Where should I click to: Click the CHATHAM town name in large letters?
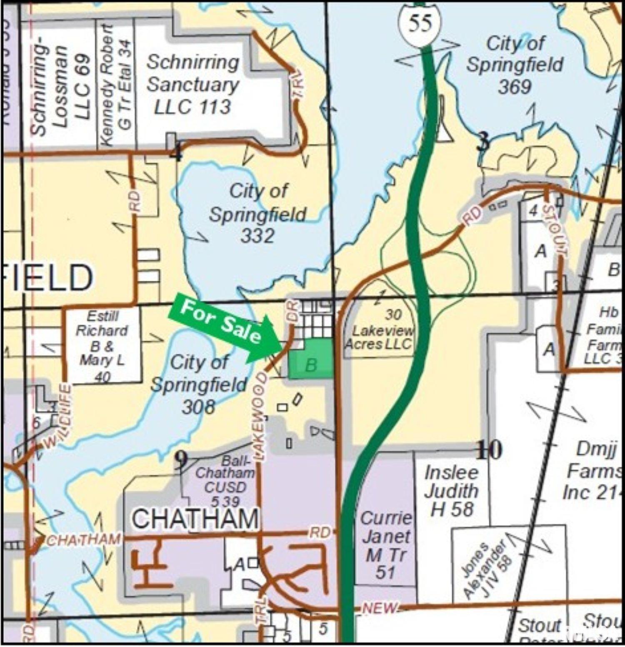point(195,519)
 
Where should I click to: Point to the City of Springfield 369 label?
point(515,65)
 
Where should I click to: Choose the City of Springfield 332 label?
point(257,214)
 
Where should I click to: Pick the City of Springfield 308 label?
point(199,385)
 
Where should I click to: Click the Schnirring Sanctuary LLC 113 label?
point(192,85)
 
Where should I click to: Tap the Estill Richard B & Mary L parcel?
point(102,345)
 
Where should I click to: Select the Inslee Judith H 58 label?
point(451,491)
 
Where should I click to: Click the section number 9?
point(181,461)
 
